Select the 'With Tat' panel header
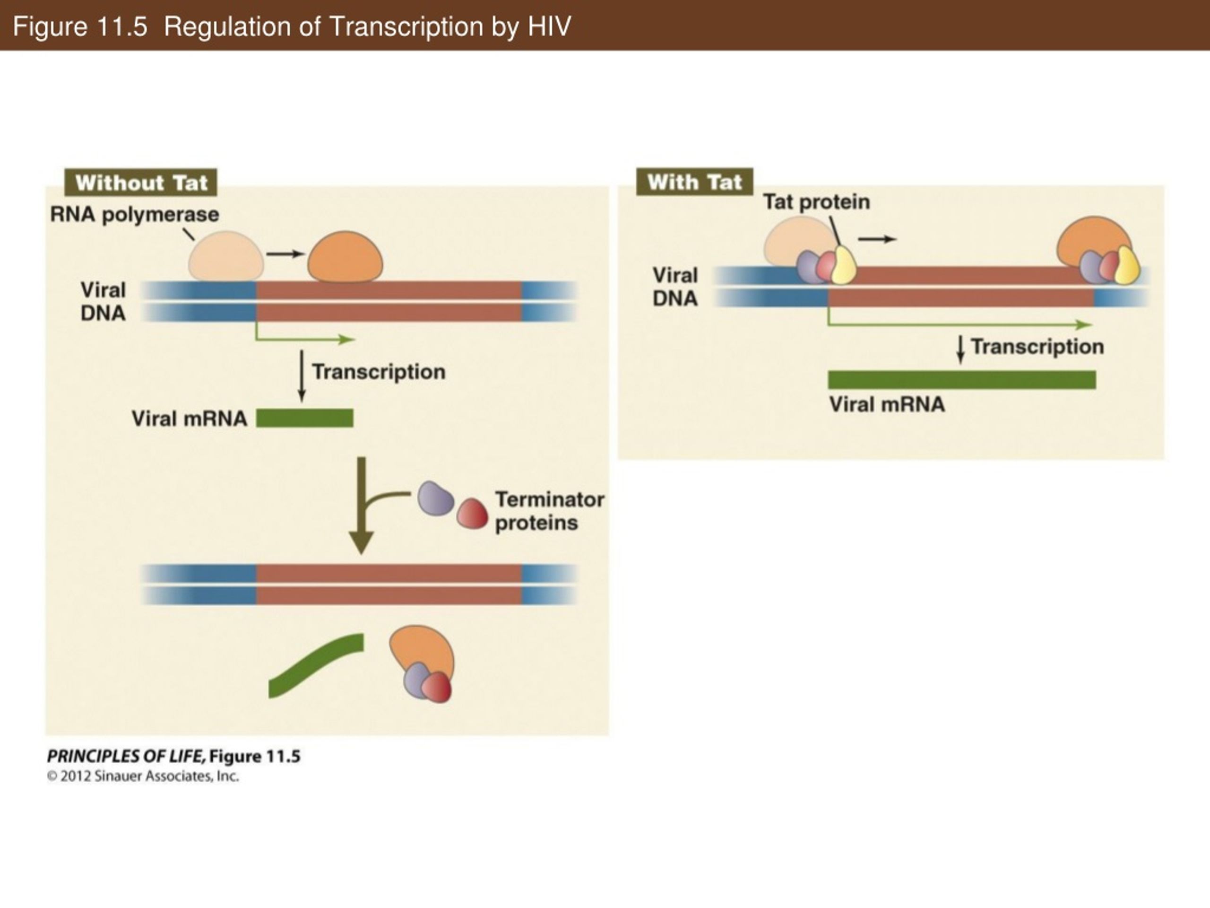(x=695, y=182)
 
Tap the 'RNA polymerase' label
(x=135, y=215)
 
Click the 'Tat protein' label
(x=816, y=202)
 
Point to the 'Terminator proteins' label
(x=550, y=511)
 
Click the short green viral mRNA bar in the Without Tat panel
(x=305, y=418)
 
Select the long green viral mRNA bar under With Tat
(x=962, y=379)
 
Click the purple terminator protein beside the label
(x=435, y=498)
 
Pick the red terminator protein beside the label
(x=472, y=514)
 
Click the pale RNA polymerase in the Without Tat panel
(x=226, y=256)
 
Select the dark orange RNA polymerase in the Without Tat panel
(x=345, y=257)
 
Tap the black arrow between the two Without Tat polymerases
(x=285, y=253)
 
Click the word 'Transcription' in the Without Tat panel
(x=379, y=372)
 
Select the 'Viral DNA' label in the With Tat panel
(x=675, y=287)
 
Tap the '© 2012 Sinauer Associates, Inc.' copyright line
(x=143, y=776)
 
